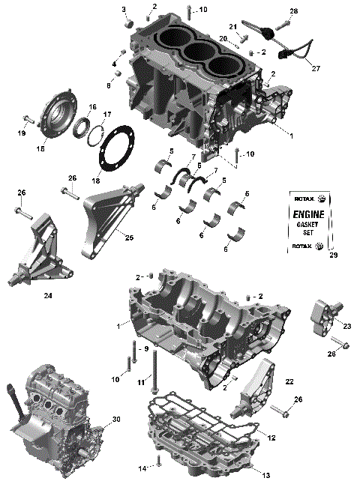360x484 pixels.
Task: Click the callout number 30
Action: point(115,419)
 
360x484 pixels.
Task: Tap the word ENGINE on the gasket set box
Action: point(308,214)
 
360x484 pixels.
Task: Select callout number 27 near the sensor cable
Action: point(316,68)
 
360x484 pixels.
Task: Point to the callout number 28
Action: point(293,11)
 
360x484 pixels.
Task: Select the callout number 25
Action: point(129,238)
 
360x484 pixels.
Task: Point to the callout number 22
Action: point(289,382)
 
